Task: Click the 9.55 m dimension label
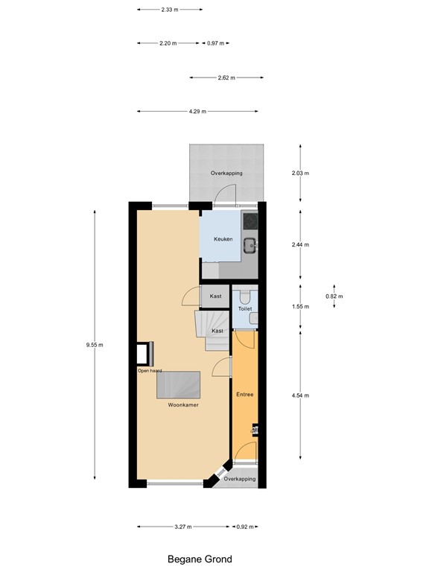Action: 95,345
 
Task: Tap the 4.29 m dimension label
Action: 197,112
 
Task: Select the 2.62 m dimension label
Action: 226,77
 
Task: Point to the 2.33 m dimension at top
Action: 169,10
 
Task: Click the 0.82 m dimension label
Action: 334,296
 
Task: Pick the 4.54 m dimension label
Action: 300,395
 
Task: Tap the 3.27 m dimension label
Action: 182,527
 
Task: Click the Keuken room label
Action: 223,239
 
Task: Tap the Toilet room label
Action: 245,308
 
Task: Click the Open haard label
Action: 149,370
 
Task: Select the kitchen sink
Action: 252,242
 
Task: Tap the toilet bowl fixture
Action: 245,294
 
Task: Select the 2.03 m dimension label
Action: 300,173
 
